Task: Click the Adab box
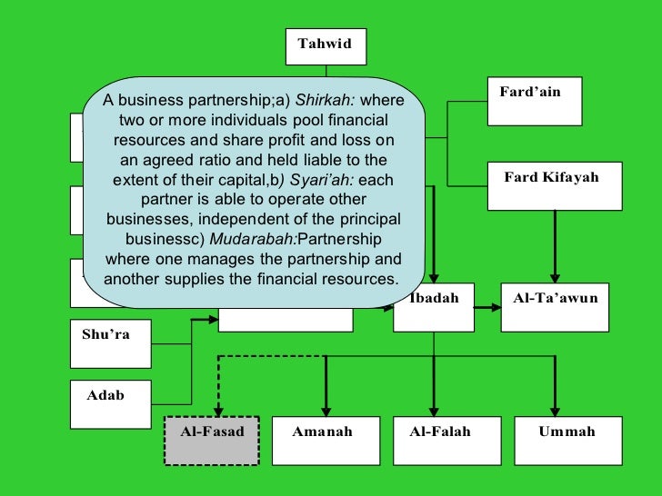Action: pyautogui.click(x=110, y=405)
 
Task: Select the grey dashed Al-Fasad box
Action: pyautogui.click(x=212, y=441)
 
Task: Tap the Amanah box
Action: pyautogui.click(x=322, y=441)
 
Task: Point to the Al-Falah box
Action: pyautogui.click(x=440, y=441)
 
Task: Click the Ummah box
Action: pyautogui.click(x=567, y=441)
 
